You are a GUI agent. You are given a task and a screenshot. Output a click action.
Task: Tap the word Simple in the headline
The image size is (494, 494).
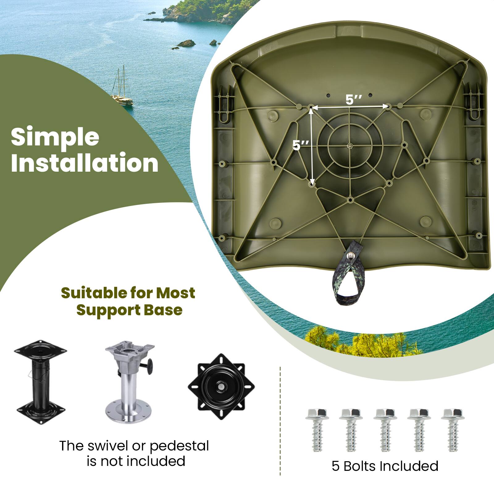(55, 137)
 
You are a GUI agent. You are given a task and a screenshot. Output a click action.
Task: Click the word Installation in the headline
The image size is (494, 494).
(85, 163)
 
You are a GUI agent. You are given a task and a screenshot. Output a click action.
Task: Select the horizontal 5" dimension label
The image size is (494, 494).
(354, 100)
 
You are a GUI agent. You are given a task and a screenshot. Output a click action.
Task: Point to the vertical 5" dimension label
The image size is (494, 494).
(300, 145)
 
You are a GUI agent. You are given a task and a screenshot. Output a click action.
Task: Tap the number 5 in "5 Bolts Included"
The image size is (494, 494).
(335, 466)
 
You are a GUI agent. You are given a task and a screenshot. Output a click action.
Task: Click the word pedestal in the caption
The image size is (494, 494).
(179, 446)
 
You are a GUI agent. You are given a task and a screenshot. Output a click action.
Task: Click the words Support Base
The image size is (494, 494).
(129, 310)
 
